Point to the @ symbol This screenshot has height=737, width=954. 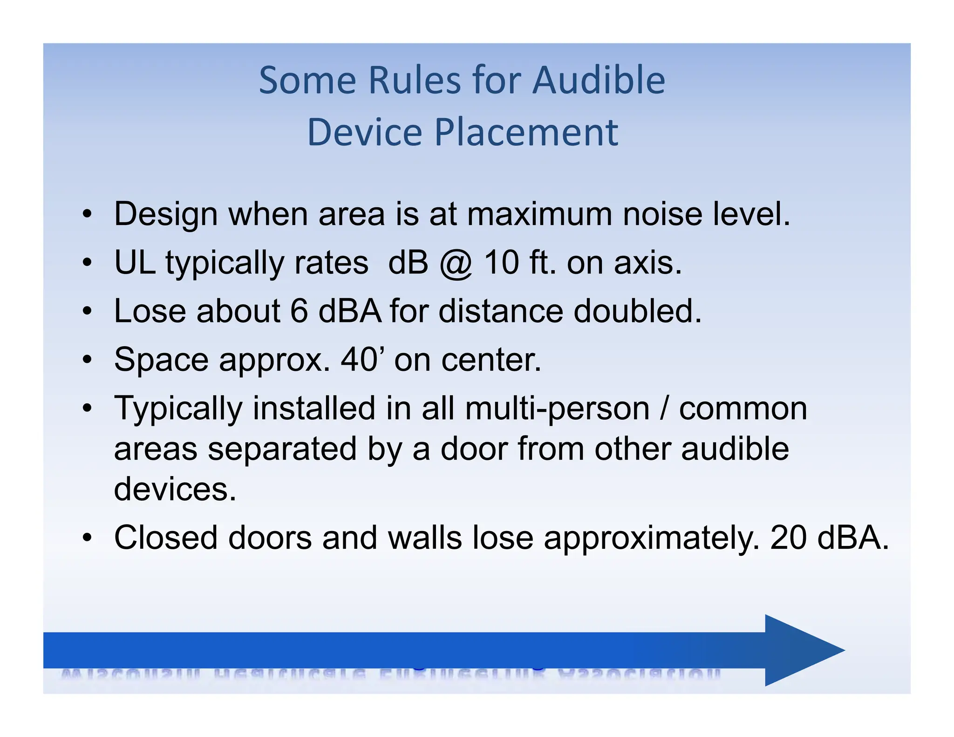(456, 264)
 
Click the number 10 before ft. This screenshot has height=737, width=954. (501, 262)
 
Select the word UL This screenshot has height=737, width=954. (135, 262)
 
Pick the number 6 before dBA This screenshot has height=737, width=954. (299, 311)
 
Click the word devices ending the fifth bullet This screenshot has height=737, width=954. (175, 489)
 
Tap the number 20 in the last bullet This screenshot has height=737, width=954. (788, 538)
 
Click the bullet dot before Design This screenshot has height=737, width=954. (87, 215)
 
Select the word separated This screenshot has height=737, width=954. (282, 449)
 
